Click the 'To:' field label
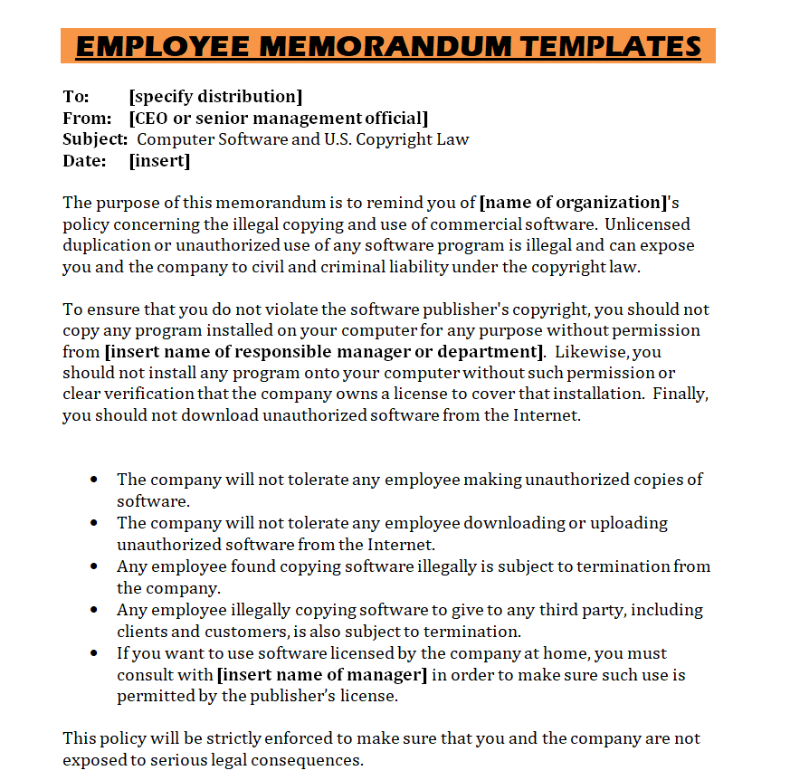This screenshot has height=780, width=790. [x=76, y=97]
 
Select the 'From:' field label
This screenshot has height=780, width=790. [x=87, y=119]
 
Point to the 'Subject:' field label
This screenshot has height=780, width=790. [x=95, y=140]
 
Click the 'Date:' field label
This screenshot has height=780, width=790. [x=84, y=162]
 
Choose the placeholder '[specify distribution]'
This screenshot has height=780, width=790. [x=215, y=97]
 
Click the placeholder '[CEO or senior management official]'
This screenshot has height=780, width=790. [x=279, y=119]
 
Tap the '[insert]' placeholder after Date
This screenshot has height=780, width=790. [x=159, y=162]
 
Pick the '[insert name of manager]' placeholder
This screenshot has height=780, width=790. [x=321, y=675]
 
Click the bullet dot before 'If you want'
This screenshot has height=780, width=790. [x=94, y=653]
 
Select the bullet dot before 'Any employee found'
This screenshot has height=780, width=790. [x=94, y=566]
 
